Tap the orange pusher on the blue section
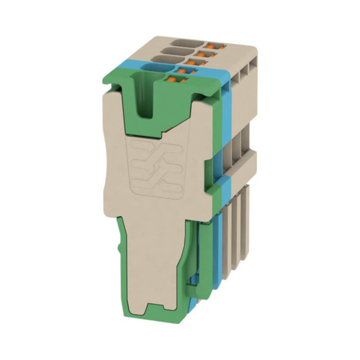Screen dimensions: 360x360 point(193,71)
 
